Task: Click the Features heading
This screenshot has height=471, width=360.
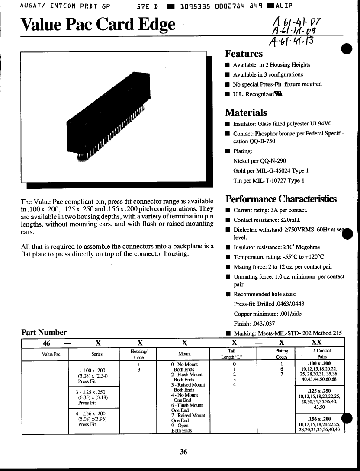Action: [x=244, y=54]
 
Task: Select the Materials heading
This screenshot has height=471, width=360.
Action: [x=246, y=112]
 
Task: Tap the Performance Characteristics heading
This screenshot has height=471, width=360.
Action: [x=281, y=199]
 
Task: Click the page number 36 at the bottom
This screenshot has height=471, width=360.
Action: [x=183, y=452]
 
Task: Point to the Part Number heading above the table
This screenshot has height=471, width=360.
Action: [x=44, y=332]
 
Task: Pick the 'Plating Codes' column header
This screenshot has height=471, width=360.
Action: [x=282, y=354]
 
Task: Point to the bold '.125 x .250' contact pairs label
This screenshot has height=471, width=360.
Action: [x=321, y=391]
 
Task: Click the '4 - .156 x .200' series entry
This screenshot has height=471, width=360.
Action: [x=90, y=419]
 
